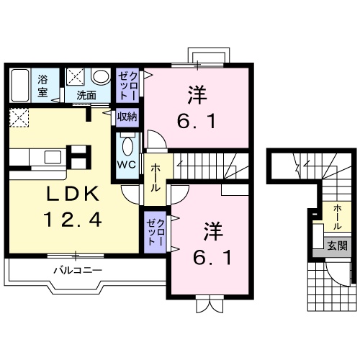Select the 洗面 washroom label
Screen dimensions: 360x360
(87, 94)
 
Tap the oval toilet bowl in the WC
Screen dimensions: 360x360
(127, 146)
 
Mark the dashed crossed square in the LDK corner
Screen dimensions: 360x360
(19, 117)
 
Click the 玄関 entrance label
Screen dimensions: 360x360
(337, 245)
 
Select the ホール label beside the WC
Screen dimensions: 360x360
(155, 177)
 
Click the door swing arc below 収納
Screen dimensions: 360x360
(154, 139)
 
